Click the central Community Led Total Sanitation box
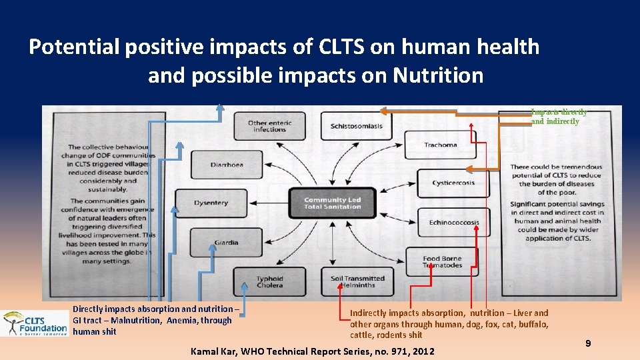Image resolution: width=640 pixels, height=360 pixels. pos(332,203)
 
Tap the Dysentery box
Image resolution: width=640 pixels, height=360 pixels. pos(211,203)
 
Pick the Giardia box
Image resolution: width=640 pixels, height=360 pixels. pos(225,242)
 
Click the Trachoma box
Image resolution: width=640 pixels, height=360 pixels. pos(441,145)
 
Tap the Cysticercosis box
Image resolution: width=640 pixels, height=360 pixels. pos(453,183)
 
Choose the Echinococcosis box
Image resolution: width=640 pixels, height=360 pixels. pos(453,222)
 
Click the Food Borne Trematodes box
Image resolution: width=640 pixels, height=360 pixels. pos(443,261)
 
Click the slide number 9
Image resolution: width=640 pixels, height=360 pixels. pos(588,343)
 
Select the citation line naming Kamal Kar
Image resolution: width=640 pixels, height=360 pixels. pos(312,351)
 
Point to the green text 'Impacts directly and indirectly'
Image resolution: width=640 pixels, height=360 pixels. pos(559,117)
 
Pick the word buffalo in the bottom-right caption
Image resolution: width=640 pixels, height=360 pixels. pos(529,324)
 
